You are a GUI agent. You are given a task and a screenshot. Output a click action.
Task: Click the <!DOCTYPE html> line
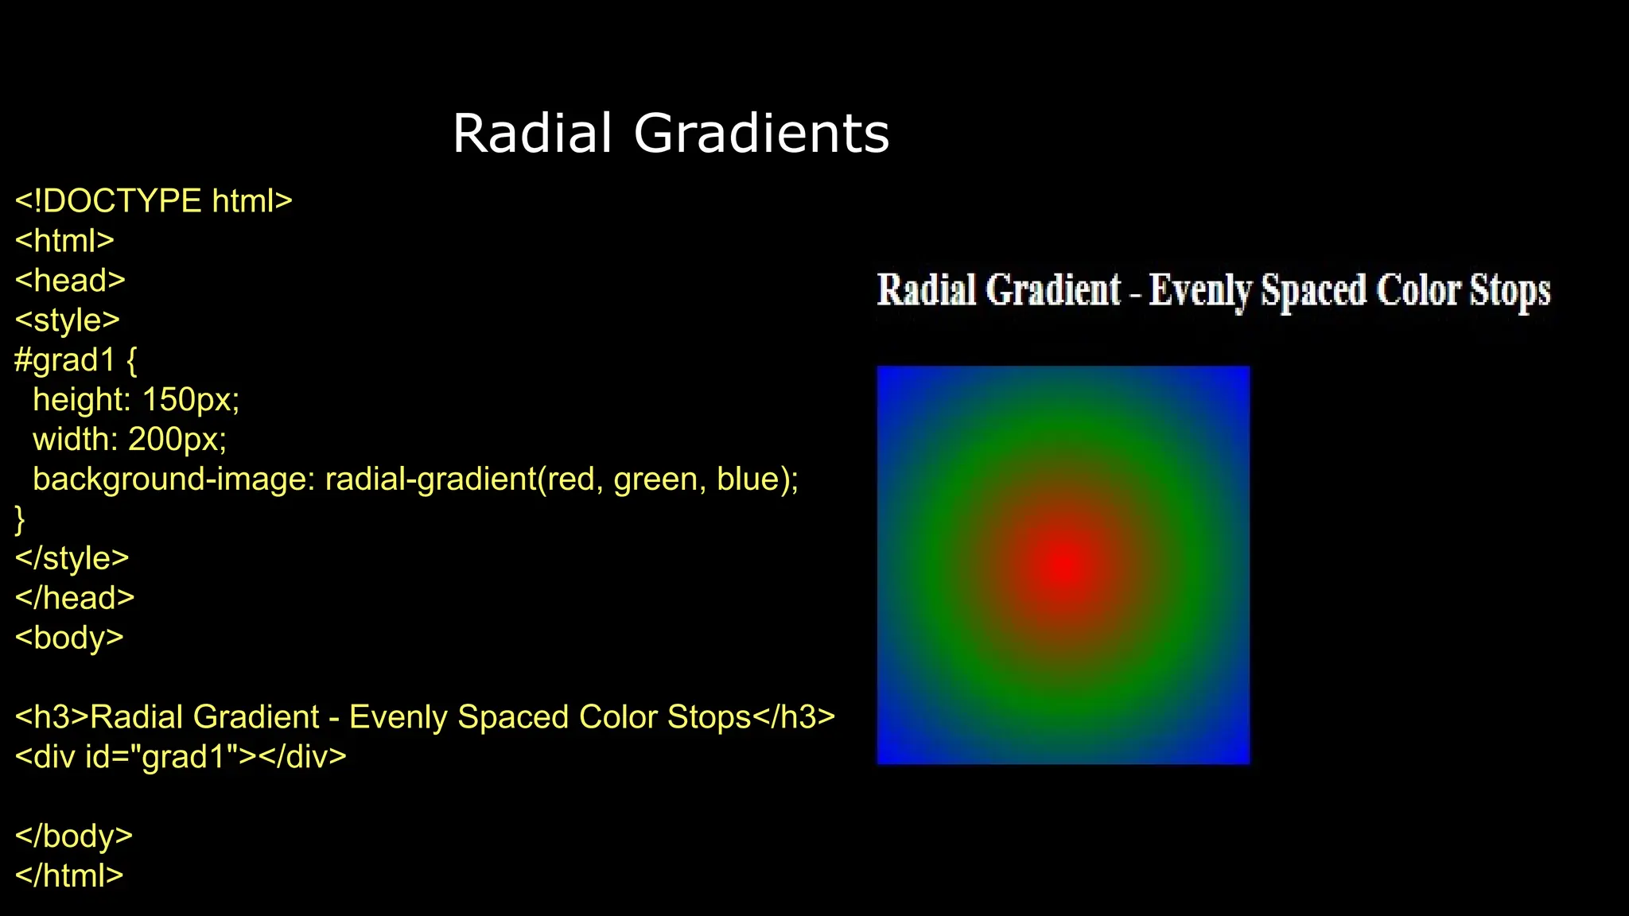(x=154, y=201)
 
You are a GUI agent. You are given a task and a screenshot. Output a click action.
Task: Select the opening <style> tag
(x=67, y=320)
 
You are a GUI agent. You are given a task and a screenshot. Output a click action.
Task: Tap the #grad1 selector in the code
(x=65, y=360)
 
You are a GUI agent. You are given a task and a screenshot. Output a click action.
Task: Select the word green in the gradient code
(x=655, y=479)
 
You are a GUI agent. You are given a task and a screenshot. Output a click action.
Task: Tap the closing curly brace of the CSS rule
(x=20, y=519)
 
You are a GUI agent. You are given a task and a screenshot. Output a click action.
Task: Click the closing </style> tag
(x=72, y=558)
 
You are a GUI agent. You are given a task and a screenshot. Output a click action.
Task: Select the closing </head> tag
(x=75, y=598)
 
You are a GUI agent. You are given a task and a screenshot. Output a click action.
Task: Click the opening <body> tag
(x=69, y=638)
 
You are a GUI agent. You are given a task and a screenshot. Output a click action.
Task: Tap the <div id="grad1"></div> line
(x=181, y=757)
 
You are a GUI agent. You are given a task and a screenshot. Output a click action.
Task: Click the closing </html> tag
(x=69, y=875)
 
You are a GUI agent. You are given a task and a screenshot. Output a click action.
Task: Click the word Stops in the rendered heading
(x=1509, y=291)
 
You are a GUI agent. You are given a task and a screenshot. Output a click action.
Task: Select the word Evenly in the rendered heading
(x=1199, y=291)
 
